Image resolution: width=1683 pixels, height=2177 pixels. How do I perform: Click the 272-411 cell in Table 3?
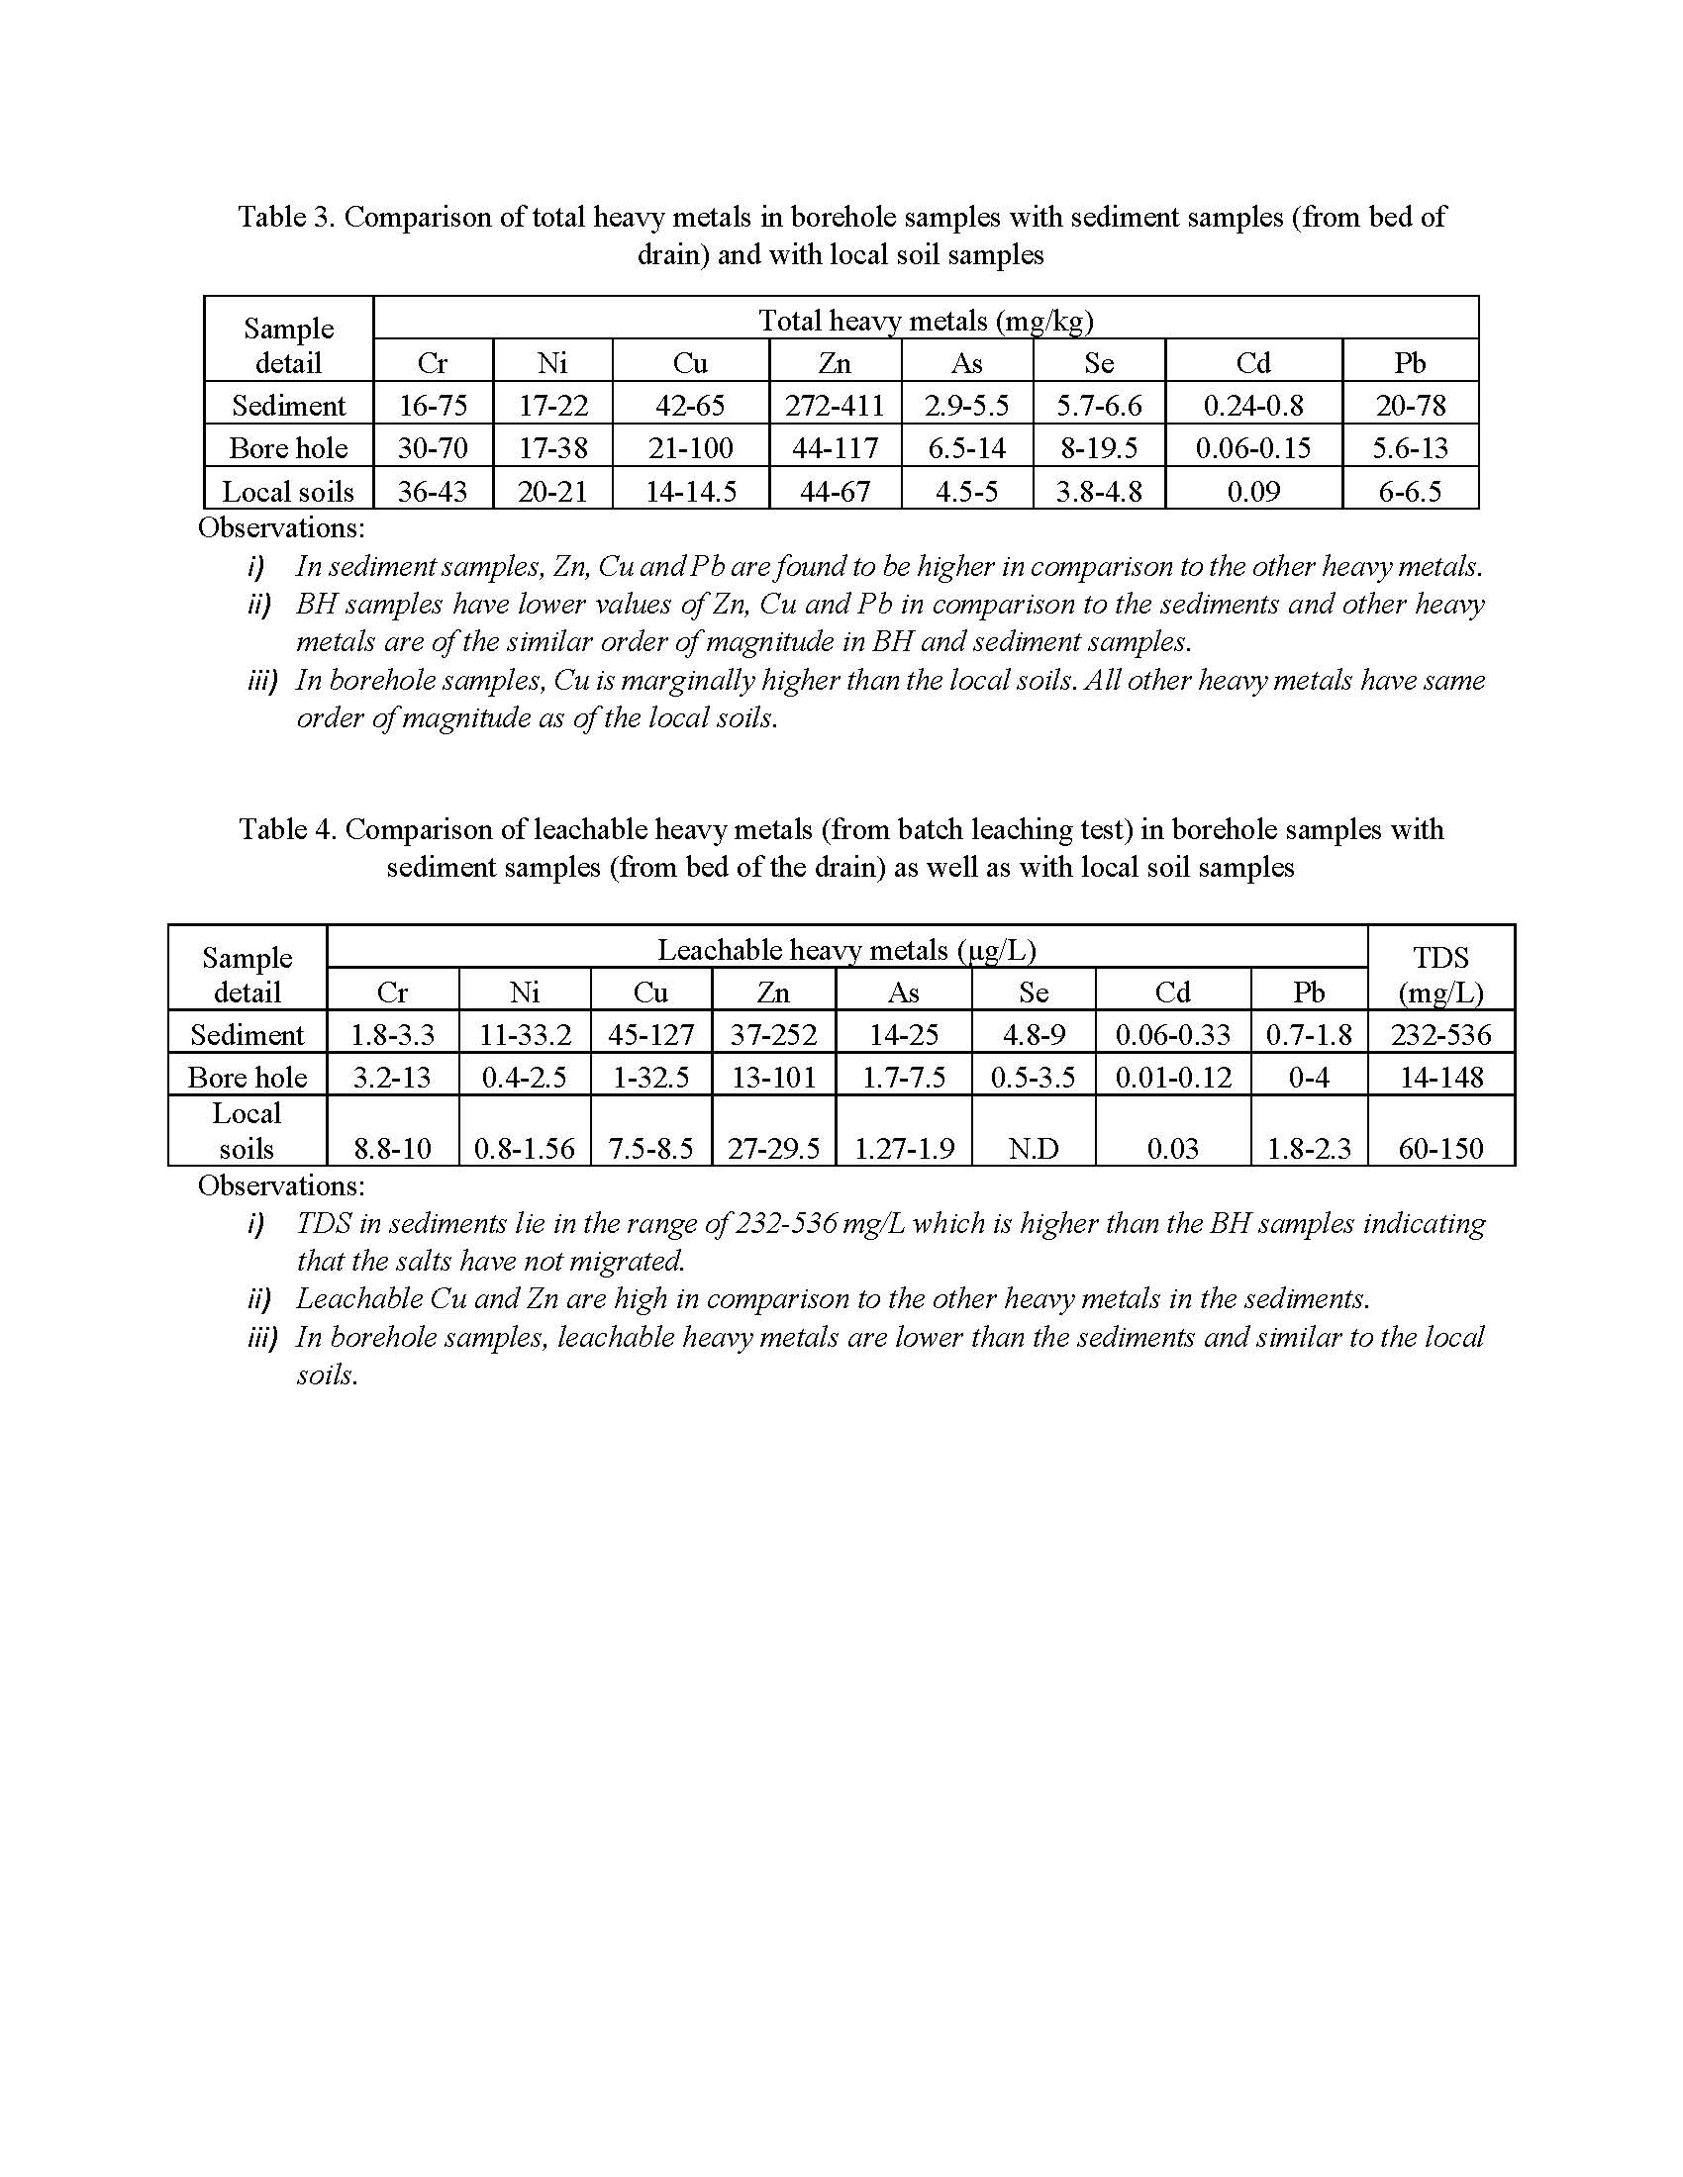pos(835,406)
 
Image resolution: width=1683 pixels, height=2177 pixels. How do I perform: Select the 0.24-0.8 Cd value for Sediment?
pos(1252,406)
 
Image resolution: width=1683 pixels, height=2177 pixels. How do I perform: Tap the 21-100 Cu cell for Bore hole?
pos(690,448)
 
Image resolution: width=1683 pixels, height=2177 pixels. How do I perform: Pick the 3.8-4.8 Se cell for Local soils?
pos(1099,492)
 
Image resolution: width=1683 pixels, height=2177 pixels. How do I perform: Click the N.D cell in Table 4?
pos(1033,1148)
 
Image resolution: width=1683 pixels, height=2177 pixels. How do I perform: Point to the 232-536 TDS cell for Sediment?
pos(1440,1035)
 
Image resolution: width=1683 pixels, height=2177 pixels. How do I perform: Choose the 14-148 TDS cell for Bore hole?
pos(1440,1078)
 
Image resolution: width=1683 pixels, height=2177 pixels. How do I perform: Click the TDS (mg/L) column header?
pos(1440,975)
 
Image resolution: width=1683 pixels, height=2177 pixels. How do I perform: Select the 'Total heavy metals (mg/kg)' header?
pos(926,320)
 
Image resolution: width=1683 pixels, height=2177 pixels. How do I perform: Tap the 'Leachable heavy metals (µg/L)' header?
pos(846,950)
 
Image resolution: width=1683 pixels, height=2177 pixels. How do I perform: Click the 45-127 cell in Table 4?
pos(651,1035)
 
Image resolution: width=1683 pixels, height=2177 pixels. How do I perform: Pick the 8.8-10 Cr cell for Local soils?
pos(393,1148)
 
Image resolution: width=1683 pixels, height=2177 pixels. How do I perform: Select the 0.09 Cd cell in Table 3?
pos(1252,492)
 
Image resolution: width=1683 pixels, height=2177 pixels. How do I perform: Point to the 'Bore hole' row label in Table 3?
pos(288,448)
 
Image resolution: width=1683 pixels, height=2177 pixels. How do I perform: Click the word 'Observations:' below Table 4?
pos(281,1185)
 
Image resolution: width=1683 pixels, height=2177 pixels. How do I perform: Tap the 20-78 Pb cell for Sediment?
pos(1410,406)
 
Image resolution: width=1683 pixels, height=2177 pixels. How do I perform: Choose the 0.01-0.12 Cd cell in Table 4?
pos(1172,1078)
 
